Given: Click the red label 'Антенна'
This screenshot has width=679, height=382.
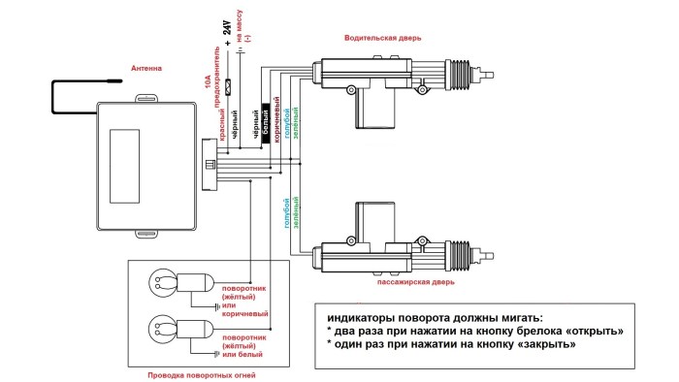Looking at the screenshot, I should (x=146, y=68).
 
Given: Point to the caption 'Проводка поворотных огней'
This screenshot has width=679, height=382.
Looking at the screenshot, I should (x=202, y=374).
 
